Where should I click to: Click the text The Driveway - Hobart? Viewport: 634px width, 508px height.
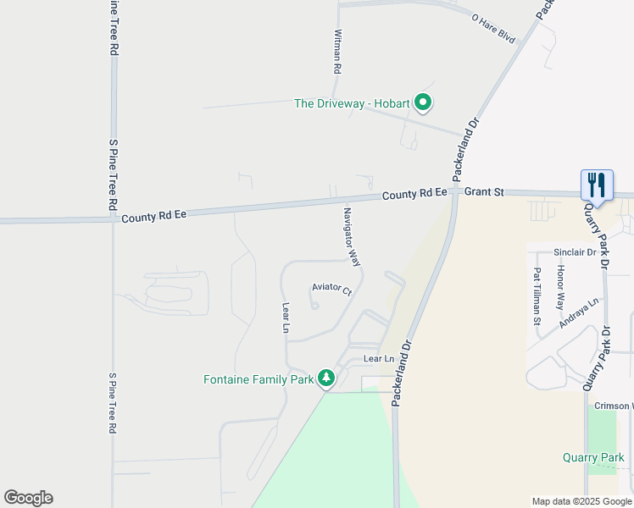(351, 104)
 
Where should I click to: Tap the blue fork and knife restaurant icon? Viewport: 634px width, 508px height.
(597, 186)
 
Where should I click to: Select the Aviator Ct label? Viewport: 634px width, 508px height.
(331, 290)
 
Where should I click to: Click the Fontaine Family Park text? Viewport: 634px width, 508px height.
(259, 379)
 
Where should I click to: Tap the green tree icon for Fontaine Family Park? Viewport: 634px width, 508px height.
(327, 378)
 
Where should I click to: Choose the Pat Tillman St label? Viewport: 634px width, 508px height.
(537, 297)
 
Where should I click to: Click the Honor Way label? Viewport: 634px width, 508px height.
(560, 286)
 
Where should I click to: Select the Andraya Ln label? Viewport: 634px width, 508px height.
(579, 312)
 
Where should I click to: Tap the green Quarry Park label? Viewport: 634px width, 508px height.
(593, 458)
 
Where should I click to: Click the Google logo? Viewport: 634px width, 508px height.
(28, 498)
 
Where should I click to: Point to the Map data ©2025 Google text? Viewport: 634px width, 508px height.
(581, 501)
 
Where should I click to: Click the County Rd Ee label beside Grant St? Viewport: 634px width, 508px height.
(414, 194)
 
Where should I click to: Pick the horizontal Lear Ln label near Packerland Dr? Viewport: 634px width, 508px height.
(379, 359)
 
